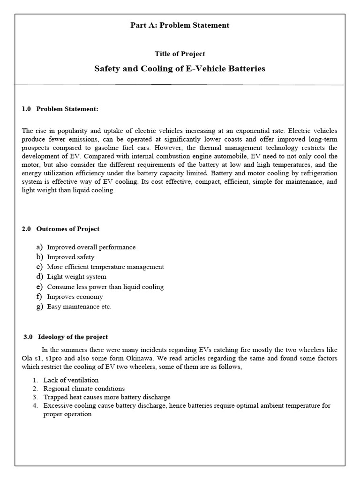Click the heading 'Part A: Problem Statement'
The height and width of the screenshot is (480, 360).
click(180, 25)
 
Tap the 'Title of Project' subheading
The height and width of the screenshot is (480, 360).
click(180, 54)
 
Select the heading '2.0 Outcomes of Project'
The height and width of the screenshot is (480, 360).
click(60, 229)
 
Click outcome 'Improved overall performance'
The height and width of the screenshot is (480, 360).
click(91, 247)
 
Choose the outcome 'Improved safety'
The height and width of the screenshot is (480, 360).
click(70, 257)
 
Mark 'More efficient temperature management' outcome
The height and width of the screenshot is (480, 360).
click(105, 267)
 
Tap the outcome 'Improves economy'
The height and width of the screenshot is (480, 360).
click(75, 297)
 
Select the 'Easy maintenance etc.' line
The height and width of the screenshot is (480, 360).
click(79, 307)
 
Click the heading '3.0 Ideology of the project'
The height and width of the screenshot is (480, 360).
click(66, 337)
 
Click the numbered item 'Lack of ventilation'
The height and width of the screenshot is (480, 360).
click(71, 380)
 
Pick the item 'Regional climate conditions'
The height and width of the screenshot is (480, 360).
click(84, 389)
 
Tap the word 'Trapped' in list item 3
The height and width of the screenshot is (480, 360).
click(54, 397)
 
